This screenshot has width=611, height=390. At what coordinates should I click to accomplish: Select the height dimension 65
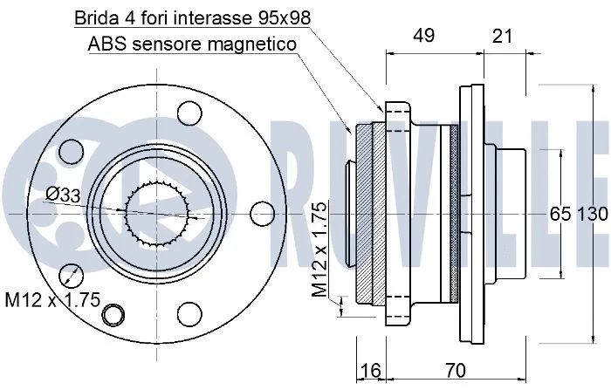[x=559, y=215]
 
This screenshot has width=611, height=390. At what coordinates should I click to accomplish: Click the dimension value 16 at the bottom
[x=370, y=371]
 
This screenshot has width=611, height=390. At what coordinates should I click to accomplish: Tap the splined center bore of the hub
[x=159, y=212]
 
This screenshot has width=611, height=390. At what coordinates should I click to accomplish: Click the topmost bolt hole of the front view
[x=187, y=113]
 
